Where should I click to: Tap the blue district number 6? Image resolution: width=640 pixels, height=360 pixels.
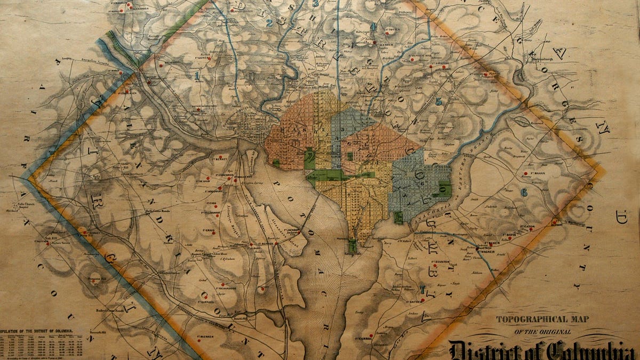tap(524, 193)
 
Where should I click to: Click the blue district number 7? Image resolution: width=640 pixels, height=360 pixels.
tap(422, 290)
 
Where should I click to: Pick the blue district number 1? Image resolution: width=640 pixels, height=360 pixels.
tap(197, 76)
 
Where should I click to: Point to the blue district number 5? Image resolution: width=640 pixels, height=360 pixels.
tap(438, 101)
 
